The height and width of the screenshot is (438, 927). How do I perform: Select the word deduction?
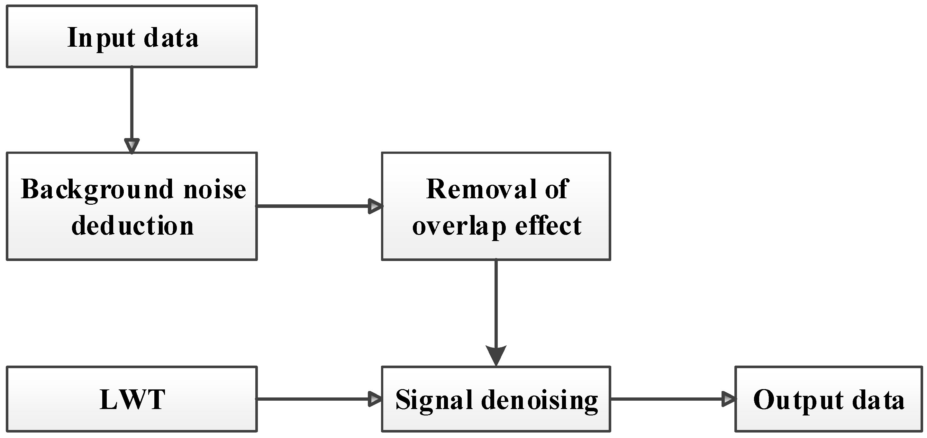(x=132, y=226)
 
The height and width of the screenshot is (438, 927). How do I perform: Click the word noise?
(x=214, y=190)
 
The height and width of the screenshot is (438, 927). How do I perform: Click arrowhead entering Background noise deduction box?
(x=132, y=146)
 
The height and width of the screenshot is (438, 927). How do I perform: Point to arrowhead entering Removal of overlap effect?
(x=375, y=206)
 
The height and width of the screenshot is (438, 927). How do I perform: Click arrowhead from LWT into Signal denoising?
(x=375, y=399)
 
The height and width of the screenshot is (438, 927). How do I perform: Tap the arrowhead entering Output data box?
(x=729, y=399)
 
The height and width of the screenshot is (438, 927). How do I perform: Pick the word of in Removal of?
(x=556, y=190)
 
